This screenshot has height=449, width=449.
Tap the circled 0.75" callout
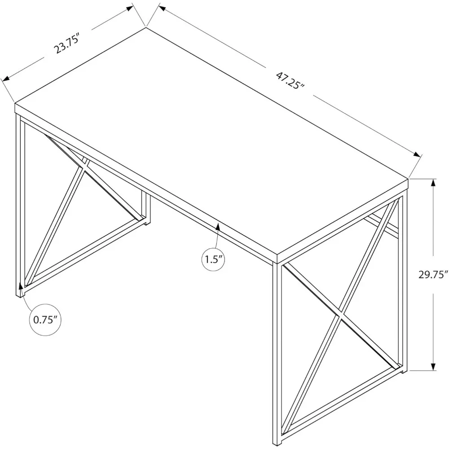(x=45, y=320)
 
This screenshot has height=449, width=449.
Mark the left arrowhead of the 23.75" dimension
(x=6, y=79)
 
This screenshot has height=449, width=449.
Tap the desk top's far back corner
(x=146, y=28)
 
